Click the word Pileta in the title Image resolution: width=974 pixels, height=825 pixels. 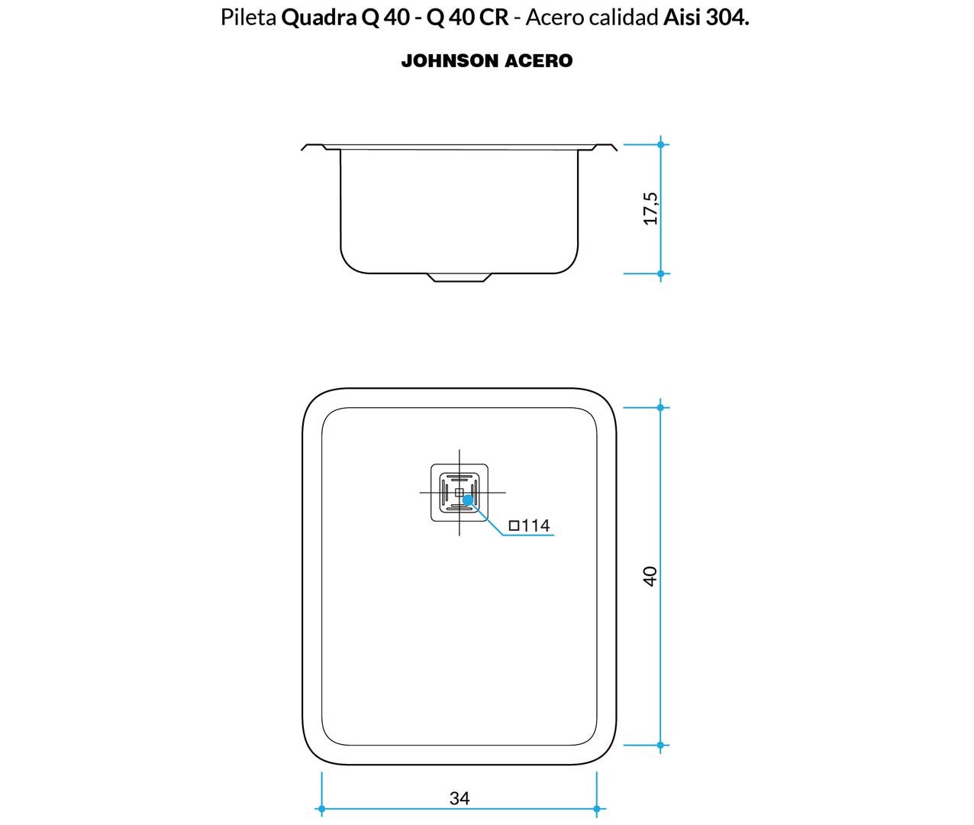tap(248, 18)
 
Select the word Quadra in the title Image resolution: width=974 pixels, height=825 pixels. tap(319, 18)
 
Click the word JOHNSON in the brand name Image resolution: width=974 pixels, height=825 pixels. tap(450, 61)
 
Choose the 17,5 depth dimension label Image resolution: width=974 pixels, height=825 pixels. tap(650, 209)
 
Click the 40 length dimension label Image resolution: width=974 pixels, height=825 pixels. tap(650, 577)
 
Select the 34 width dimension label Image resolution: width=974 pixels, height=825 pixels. tap(460, 798)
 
